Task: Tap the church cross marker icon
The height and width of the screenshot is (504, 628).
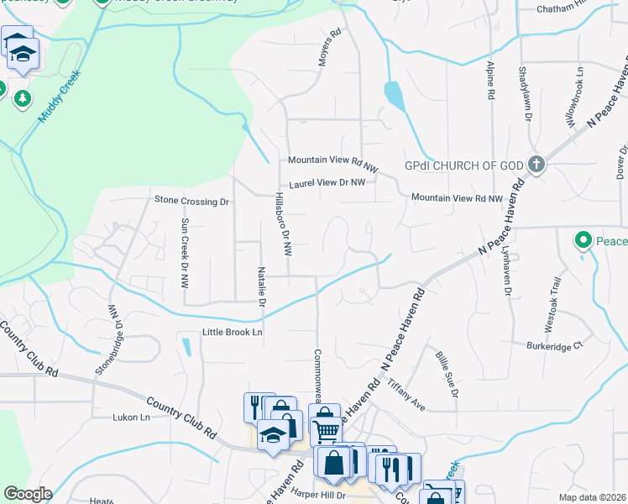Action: tap(536, 165)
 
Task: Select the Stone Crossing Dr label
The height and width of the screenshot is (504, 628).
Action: tap(191, 201)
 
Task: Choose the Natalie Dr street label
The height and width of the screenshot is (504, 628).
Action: tap(262, 286)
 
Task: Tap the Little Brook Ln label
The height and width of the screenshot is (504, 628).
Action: tap(233, 333)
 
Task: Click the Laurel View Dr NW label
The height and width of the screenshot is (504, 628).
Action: tap(327, 182)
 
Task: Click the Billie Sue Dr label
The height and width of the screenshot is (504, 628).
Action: tap(447, 375)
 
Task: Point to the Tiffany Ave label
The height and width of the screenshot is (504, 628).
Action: tap(407, 394)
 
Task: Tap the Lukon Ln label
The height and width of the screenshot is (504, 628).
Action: tap(131, 417)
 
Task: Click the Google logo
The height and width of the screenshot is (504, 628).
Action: tap(28, 494)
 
